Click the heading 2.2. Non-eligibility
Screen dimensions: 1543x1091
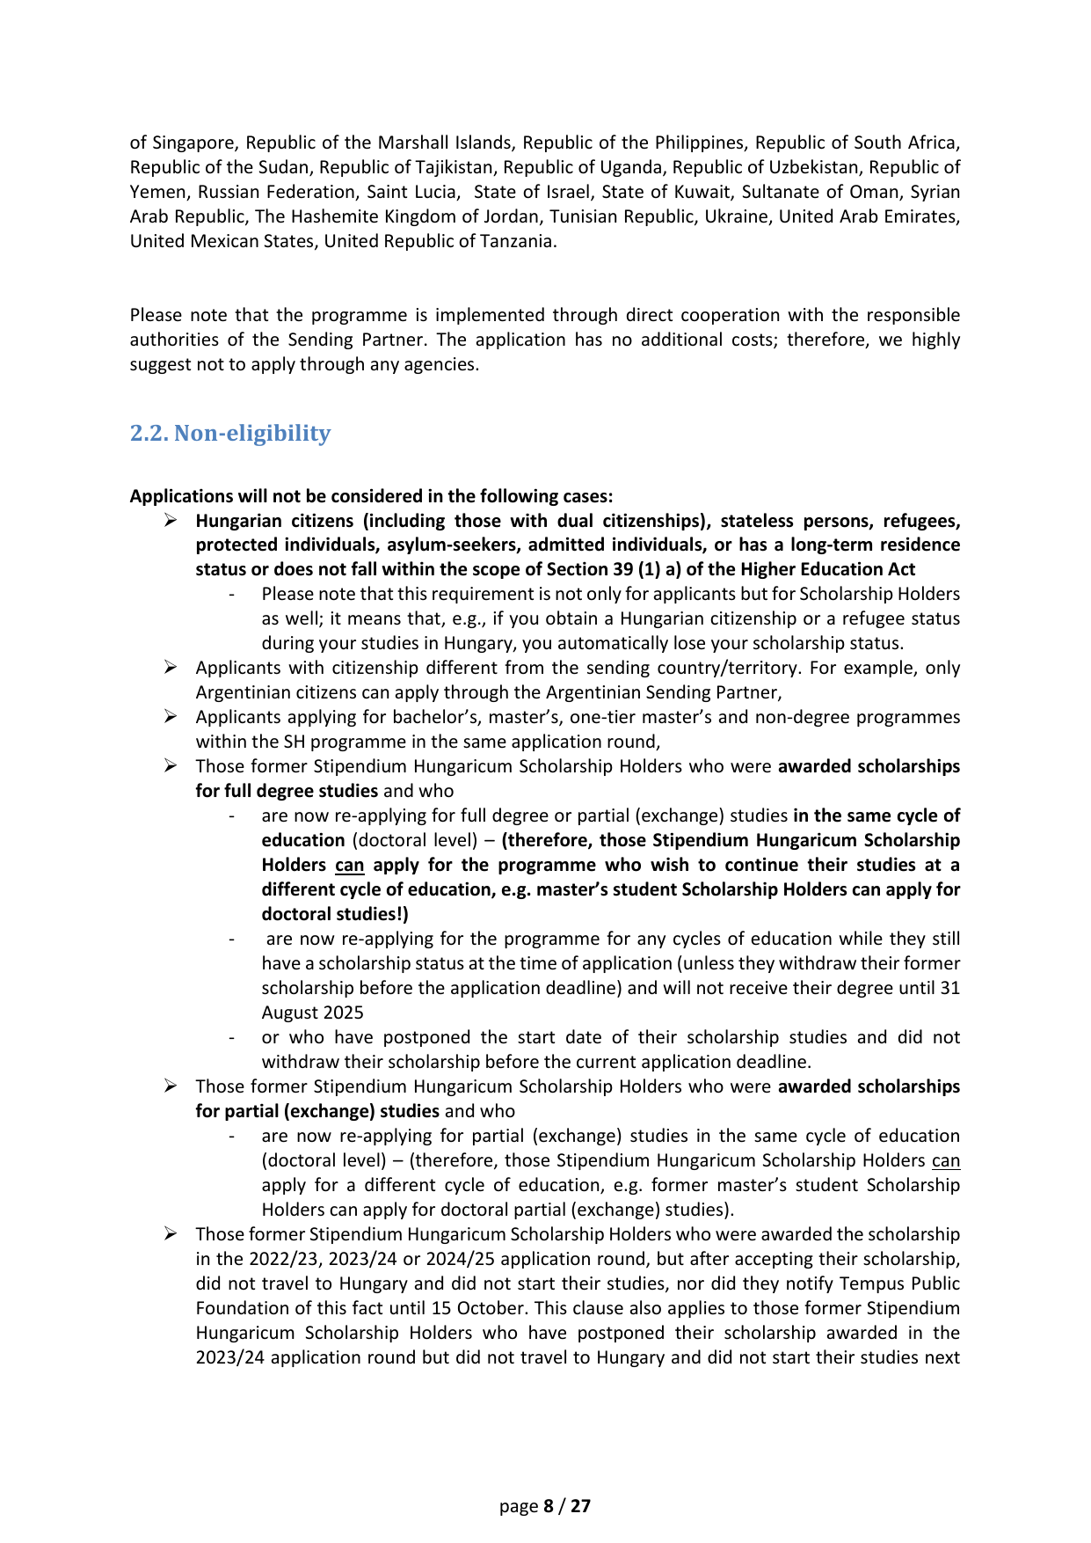tap(230, 433)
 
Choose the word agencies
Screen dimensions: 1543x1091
tap(443, 364)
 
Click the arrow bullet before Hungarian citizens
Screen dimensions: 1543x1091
tap(171, 520)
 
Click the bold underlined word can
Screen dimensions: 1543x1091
tap(349, 865)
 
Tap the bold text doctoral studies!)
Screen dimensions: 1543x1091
tap(335, 914)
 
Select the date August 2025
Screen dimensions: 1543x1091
tap(312, 1013)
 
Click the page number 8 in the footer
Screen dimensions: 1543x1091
tap(549, 1506)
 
